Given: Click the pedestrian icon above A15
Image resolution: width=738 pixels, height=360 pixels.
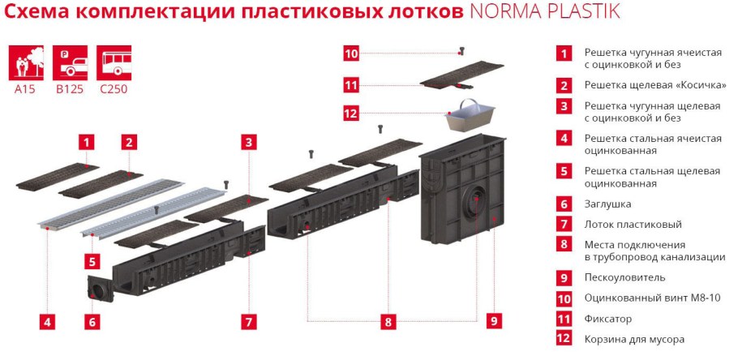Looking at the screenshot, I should point(24,62).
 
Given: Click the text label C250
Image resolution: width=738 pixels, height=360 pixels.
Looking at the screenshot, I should point(113,90).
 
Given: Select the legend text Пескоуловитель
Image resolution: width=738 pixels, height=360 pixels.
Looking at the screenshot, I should point(624,278).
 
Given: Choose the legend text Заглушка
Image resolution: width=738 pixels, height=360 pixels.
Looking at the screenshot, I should point(607,204).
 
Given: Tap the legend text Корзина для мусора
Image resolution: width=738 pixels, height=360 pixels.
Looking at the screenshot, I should point(634,340).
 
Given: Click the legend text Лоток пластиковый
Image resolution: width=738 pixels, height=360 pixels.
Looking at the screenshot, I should point(633,225).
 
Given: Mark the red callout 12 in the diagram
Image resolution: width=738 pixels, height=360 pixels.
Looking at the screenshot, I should point(350,114).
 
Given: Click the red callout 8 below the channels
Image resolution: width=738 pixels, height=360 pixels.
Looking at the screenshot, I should point(388,321).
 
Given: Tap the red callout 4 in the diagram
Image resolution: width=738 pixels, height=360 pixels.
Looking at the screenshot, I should point(48,322).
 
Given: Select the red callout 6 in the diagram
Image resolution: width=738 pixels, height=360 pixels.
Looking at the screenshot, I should point(92,322).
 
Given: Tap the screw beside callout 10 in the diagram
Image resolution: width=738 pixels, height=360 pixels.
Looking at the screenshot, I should point(461,52).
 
